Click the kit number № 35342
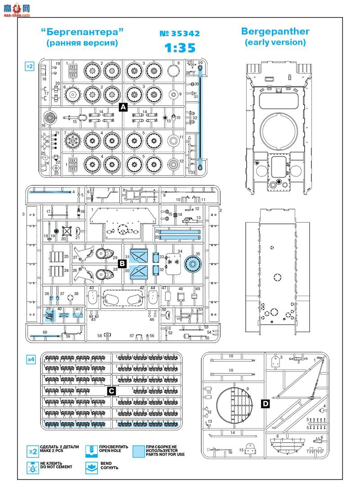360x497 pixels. (180, 34)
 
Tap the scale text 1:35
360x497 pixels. (179, 48)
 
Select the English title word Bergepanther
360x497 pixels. (275, 32)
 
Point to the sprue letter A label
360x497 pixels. (123, 107)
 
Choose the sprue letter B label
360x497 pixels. (121, 262)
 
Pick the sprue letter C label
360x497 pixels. (111, 391)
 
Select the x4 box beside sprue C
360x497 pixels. (31, 359)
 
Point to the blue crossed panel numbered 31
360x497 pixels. (139, 256)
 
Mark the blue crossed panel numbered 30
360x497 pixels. (139, 271)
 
